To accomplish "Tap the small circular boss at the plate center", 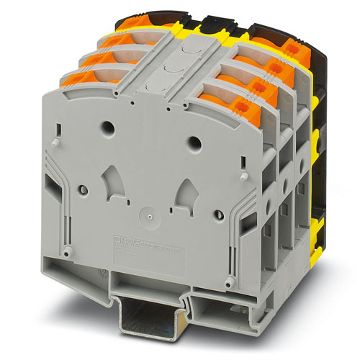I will coord(148,214).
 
